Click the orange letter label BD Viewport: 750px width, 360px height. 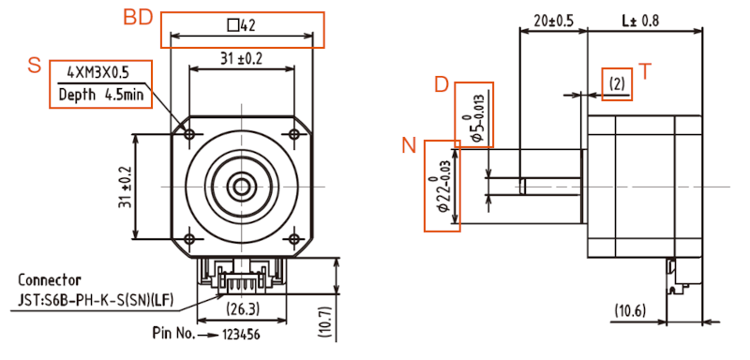click(139, 18)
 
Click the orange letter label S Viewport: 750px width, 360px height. click(35, 65)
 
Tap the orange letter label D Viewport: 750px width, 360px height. click(442, 84)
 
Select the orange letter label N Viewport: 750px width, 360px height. click(409, 145)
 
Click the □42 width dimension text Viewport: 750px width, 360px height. click(242, 25)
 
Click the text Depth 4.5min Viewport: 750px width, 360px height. click(97, 95)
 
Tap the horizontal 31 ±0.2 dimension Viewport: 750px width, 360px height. click(242, 58)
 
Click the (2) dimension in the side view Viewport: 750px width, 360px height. click(616, 84)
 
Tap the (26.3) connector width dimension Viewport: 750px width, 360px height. click(243, 307)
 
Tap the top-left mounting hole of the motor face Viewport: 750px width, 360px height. click(191, 135)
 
